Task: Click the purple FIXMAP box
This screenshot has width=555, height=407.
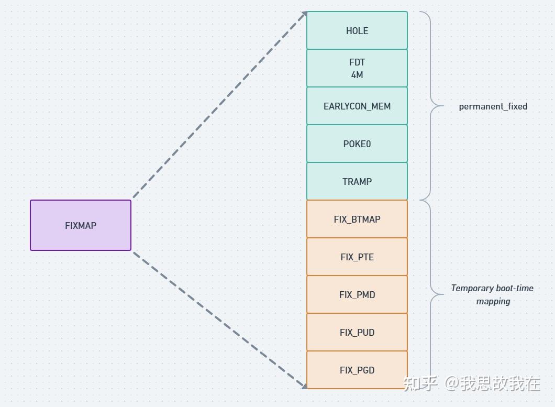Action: (81, 225)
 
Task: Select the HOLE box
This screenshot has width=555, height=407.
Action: (357, 30)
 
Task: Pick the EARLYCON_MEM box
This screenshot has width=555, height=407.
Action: (357, 106)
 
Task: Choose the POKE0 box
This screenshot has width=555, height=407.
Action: (357, 144)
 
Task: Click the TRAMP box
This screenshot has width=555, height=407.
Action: (357, 182)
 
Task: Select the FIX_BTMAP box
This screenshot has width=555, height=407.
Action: (357, 219)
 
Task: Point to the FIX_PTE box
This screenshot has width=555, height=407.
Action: (357, 257)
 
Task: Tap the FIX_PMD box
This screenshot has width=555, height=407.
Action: (357, 295)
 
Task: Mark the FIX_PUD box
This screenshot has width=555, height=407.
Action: (357, 333)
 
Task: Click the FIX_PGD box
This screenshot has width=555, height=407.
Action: (357, 370)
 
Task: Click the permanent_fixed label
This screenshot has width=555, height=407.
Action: (493, 106)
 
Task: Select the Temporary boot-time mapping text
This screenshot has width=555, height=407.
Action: (492, 294)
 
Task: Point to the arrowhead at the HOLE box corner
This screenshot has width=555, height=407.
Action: (303, 15)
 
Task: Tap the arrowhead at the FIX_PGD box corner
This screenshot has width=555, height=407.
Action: (304, 386)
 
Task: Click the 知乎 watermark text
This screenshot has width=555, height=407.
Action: (420, 383)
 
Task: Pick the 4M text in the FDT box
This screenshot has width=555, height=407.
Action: (357, 75)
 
